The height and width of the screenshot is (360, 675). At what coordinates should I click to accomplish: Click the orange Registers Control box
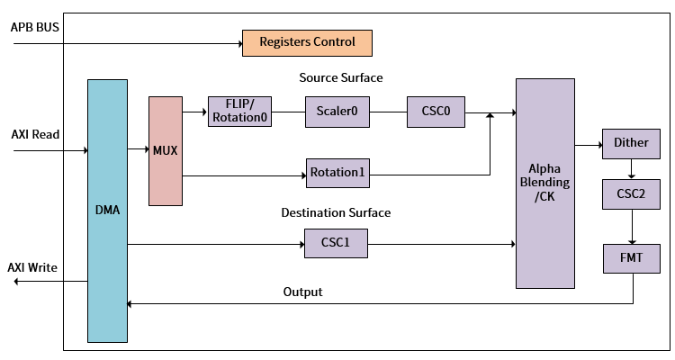coord(307,42)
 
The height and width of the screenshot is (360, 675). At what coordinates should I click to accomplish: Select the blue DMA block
coord(107,211)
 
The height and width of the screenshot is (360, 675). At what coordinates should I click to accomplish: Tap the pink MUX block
coord(165,150)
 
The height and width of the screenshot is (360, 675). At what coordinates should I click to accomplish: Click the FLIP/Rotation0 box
coord(239,112)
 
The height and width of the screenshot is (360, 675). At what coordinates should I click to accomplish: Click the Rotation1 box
coord(337,172)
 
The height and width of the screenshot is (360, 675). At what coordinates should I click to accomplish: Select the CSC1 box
coord(337,243)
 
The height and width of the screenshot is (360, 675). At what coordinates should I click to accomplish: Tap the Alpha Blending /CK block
coord(544,183)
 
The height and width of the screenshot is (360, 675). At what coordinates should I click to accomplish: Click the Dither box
coord(631,143)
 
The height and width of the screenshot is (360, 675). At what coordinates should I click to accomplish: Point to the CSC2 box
coord(631,193)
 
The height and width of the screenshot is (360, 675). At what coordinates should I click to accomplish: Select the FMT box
coord(631,258)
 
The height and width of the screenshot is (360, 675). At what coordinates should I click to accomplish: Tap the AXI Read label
coord(35,134)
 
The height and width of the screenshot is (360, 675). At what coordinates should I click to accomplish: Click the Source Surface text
coord(341,78)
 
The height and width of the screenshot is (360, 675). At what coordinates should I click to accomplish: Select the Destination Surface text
coord(336,213)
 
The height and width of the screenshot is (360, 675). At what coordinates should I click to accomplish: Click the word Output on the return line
coord(302,292)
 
